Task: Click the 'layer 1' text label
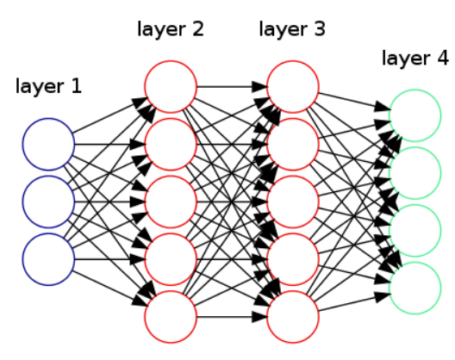point(48,86)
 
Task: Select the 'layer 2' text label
point(171,29)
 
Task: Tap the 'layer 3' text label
point(292,29)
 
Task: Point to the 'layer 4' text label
point(414,59)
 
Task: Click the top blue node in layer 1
point(48,144)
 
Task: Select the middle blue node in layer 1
point(48,202)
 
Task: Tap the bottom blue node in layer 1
point(48,259)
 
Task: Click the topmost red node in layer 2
point(171,86)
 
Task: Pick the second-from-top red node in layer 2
point(171,144)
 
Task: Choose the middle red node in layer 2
point(171,202)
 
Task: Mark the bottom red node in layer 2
point(171,317)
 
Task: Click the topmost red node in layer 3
point(293,86)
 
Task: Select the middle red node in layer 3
point(293,202)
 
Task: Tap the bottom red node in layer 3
point(293,317)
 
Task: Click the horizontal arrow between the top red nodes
point(232,86)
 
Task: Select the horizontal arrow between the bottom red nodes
point(232,317)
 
